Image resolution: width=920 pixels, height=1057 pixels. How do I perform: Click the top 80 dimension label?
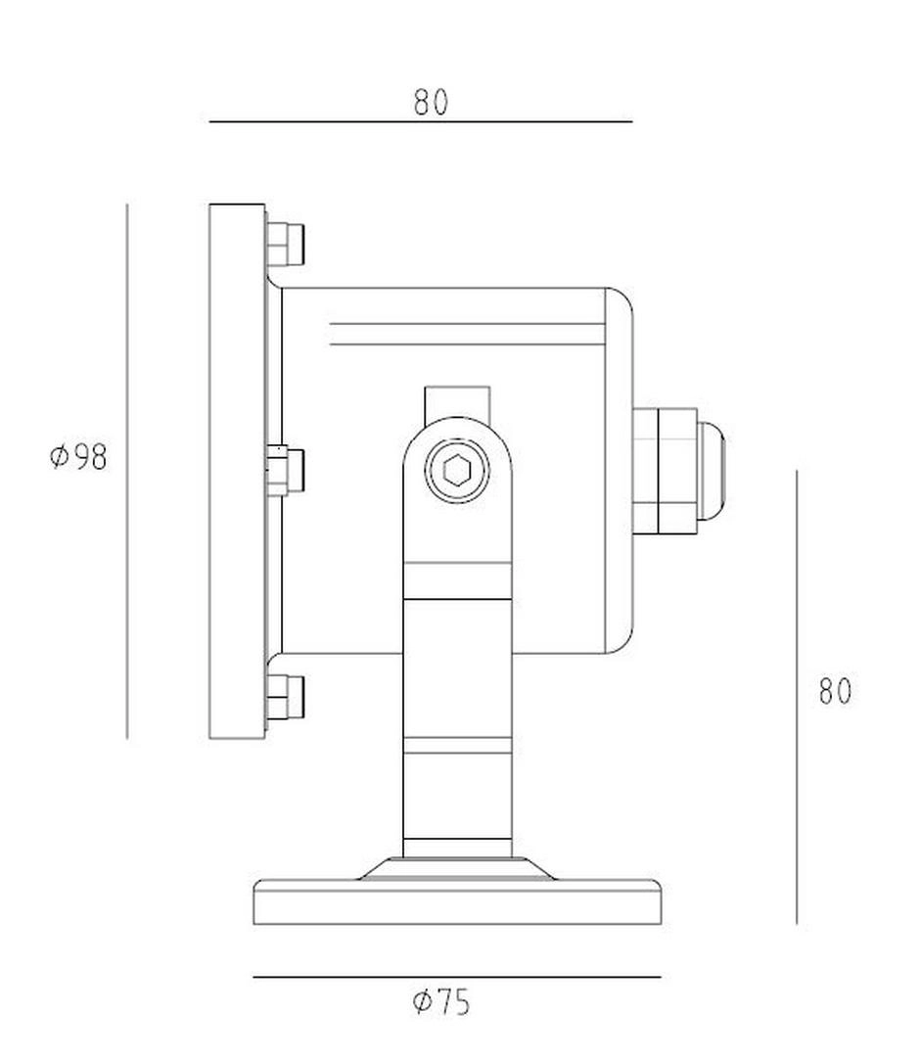coord(431,102)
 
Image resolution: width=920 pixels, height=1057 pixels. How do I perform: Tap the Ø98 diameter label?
coord(79,456)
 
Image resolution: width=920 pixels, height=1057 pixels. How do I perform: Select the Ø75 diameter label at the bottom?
coord(441,1002)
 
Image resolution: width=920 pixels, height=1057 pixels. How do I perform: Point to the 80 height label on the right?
coord(835,691)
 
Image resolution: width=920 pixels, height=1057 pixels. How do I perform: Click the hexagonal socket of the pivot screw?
coord(457,470)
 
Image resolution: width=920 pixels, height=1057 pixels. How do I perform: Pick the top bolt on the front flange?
coord(286,243)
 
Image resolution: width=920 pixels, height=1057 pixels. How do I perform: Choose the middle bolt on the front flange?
coord(286,470)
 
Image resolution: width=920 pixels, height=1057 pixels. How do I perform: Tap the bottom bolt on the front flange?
coord(286,697)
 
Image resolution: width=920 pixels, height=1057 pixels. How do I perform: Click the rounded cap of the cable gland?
coord(712,471)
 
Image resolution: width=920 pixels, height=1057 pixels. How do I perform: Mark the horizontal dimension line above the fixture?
coord(421,122)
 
